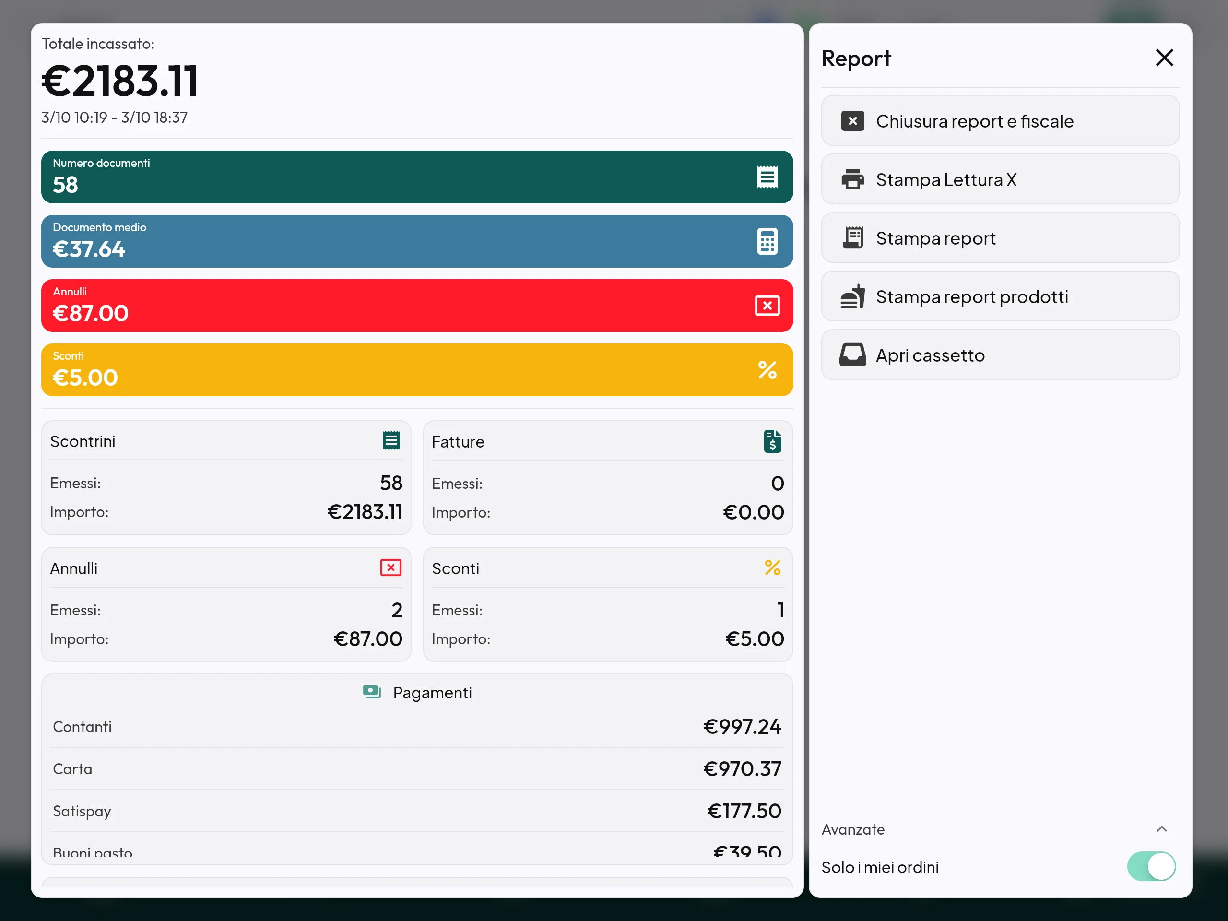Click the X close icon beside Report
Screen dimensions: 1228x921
pos(1164,58)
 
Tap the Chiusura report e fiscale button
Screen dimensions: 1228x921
pos(1000,121)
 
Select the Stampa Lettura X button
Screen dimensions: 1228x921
pos(1000,179)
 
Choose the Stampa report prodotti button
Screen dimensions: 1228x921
pos(1000,296)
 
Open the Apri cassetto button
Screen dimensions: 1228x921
pos(1000,355)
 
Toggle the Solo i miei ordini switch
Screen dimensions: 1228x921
pos(1151,867)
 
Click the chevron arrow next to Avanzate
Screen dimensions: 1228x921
pos(1161,829)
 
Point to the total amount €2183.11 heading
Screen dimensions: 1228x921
pos(120,81)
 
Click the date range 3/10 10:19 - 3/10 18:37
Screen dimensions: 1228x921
pos(114,118)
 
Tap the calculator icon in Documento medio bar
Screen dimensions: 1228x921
pos(767,241)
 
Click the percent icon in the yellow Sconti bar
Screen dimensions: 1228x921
pos(767,370)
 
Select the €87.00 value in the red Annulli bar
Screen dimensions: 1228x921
pos(91,314)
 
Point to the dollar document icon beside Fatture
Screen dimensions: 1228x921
pos(772,441)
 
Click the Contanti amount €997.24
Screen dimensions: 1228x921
pos(742,727)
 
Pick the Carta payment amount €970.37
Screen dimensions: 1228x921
pos(742,769)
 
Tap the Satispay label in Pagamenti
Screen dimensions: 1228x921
pos(82,812)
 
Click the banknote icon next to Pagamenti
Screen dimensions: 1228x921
pos(372,692)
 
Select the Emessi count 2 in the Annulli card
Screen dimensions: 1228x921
pos(396,610)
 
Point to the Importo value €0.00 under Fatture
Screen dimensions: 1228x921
pos(753,512)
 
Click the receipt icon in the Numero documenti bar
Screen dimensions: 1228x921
pos(767,177)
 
